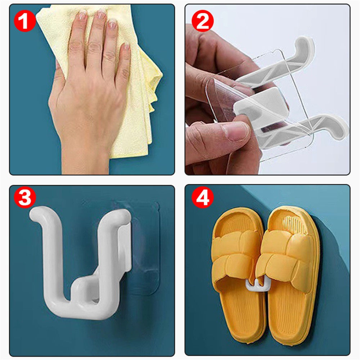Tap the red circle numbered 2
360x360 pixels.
coord(202,21)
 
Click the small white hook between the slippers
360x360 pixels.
coord(256,286)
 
